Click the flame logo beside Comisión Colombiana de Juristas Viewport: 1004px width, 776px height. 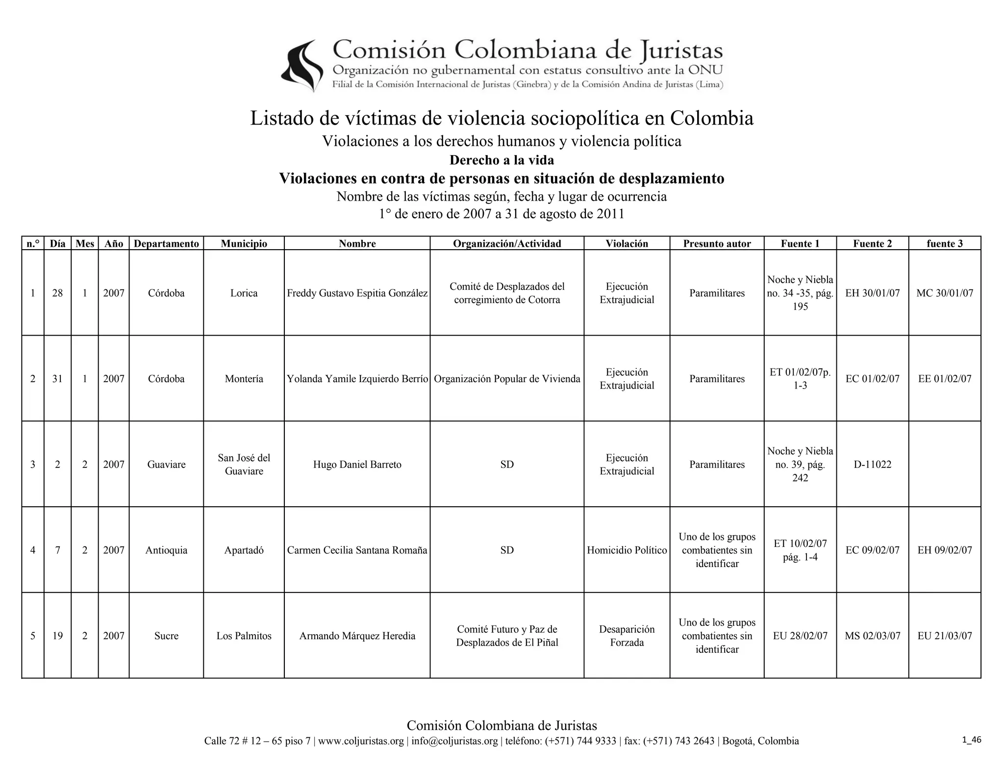(302, 66)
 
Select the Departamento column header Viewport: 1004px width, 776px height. (166, 244)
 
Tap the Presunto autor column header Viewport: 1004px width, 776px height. (717, 244)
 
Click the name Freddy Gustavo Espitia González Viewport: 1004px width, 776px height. (357, 293)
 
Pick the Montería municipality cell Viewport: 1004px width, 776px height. (244, 379)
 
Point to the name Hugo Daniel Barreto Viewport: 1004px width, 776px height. (357, 465)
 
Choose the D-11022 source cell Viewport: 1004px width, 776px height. (872, 465)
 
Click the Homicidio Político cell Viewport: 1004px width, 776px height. (627, 550)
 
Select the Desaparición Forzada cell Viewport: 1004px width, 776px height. (627, 636)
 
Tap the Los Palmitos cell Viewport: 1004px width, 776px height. (244, 636)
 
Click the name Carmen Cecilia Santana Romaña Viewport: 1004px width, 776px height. (357, 550)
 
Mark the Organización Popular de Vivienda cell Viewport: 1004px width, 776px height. (507, 379)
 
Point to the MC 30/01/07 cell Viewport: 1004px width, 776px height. (945, 293)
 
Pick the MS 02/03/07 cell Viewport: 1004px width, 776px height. (872, 636)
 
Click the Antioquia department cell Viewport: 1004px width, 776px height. (166, 550)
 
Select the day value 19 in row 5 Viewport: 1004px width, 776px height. (57, 636)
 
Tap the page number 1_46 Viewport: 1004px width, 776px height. (971, 740)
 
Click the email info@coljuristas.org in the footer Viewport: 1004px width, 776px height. (454, 741)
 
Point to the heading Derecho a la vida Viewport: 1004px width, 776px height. (502, 160)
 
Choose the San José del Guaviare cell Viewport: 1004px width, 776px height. (244, 465)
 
